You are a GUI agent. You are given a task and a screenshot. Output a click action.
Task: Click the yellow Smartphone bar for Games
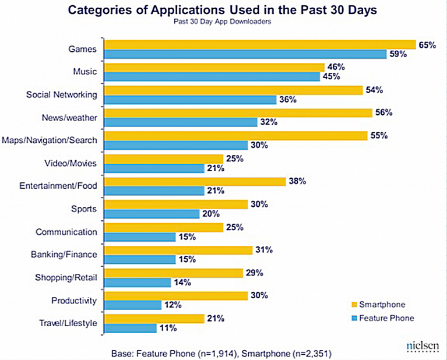(x=259, y=45)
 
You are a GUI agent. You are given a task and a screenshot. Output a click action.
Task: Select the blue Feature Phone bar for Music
(x=212, y=77)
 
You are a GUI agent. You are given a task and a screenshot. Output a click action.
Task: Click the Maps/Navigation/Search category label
(x=50, y=140)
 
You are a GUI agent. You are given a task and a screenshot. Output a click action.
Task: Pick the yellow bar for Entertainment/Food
(x=195, y=182)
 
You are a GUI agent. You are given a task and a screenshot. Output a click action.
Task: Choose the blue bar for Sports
(x=152, y=214)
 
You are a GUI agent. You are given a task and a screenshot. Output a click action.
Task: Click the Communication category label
(x=66, y=232)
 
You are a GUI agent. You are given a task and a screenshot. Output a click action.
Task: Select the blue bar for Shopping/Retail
(x=138, y=282)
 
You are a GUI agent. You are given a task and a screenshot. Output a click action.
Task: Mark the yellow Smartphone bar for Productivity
(x=176, y=295)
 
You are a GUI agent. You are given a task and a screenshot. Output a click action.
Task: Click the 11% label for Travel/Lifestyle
(x=168, y=328)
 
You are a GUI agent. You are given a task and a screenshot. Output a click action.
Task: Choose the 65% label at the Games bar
(x=427, y=45)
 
